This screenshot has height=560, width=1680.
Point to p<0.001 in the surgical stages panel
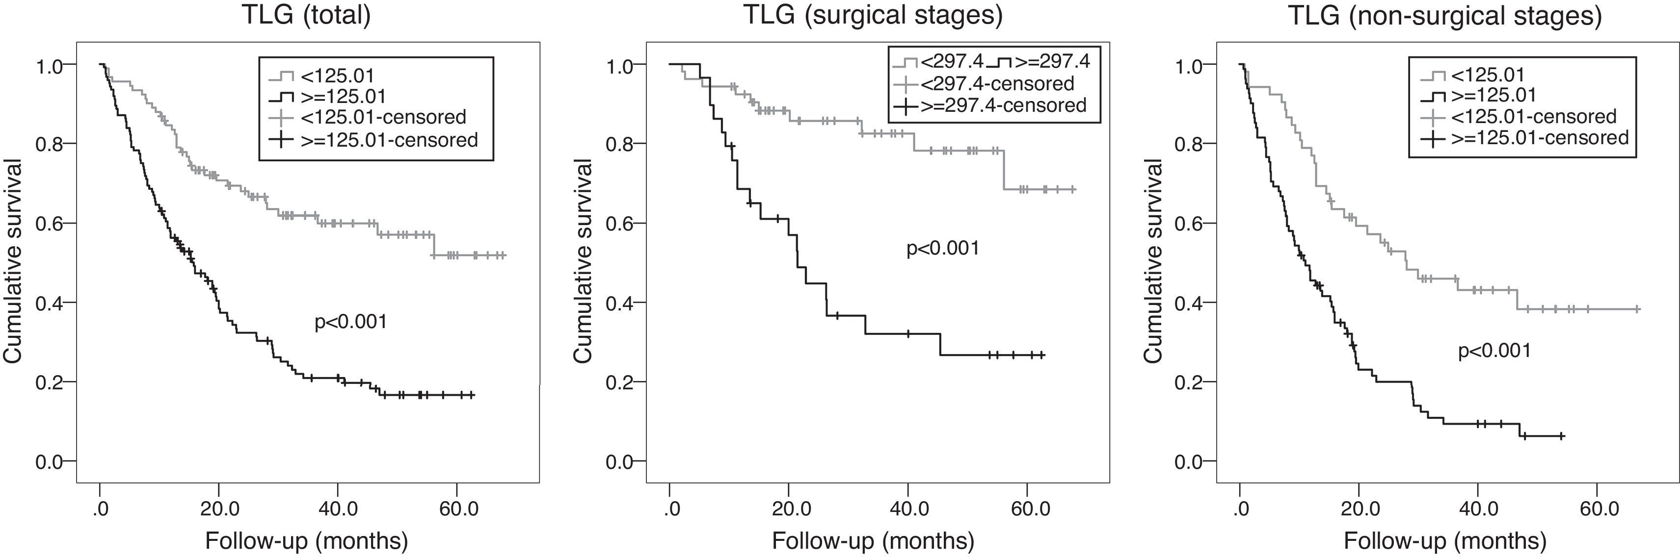[x=942, y=249]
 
